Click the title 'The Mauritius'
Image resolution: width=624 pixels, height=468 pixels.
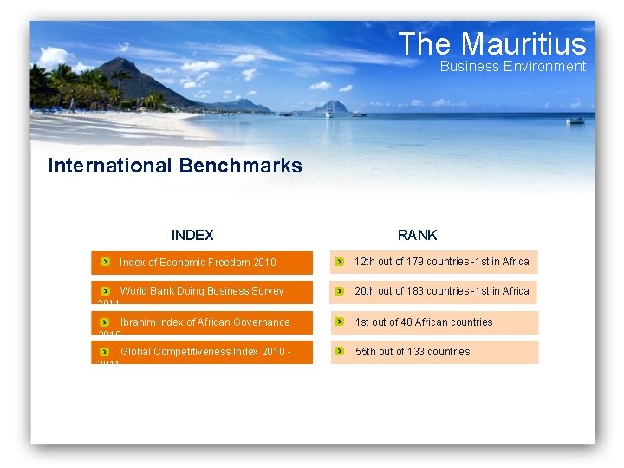pyautogui.click(x=491, y=43)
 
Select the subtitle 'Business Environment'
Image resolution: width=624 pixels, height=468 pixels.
pyautogui.click(x=512, y=67)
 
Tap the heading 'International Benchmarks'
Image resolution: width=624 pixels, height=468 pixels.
pyautogui.click(x=175, y=166)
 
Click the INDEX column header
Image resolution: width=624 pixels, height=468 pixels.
pyautogui.click(x=192, y=235)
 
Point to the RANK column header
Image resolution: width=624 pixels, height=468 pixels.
pyautogui.click(x=417, y=235)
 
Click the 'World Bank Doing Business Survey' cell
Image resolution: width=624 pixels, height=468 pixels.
pyautogui.click(x=201, y=291)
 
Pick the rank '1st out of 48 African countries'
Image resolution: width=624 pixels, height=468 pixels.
pyautogui.click(x=423, y=322)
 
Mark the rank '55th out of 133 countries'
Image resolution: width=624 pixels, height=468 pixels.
pyautogui.click(x=413, y=352)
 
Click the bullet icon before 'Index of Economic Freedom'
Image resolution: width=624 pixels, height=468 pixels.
pyautogui.click(x=105, y=262)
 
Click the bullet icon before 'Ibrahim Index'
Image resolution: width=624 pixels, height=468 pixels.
pyautogui.click(x=105, y=322)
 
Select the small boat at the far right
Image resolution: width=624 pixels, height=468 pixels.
pyautogui.click(x=575, y=120)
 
